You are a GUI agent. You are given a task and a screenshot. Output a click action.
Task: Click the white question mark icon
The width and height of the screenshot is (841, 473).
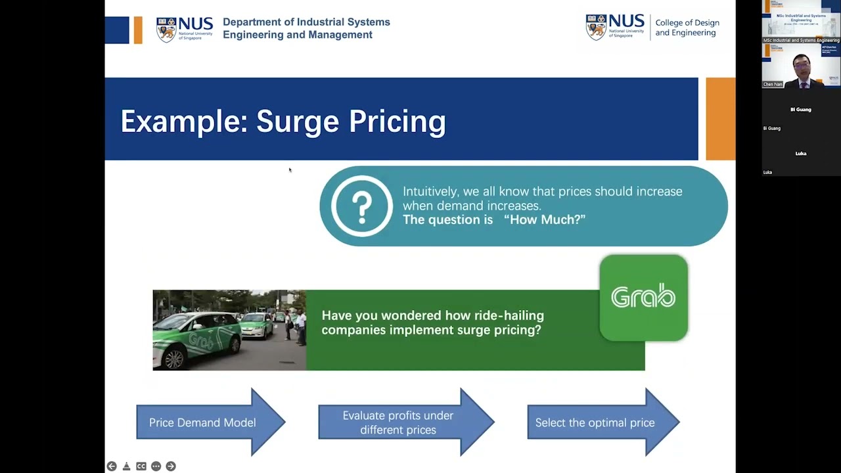pos(362,206)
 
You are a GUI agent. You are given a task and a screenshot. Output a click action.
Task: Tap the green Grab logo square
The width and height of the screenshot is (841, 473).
pos(643,298)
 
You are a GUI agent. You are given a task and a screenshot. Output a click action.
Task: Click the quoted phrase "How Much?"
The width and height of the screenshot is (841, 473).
pos(545,219)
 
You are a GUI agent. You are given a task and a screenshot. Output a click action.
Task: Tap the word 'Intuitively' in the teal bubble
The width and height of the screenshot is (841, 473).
pos(430,191)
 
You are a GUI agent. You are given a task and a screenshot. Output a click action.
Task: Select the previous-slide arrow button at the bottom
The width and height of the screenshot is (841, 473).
pos(112,466)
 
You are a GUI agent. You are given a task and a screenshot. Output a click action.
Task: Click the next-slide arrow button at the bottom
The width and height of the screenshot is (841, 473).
pos(171,466)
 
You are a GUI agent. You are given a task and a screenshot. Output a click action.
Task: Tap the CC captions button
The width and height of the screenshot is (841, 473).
pos(141,466)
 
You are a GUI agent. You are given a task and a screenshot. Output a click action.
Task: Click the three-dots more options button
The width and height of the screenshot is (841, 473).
pos(156,466)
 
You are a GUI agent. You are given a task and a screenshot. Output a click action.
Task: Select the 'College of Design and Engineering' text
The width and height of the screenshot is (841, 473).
pos(687,28)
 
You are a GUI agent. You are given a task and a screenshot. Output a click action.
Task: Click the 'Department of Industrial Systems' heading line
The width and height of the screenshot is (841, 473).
pos(306,22)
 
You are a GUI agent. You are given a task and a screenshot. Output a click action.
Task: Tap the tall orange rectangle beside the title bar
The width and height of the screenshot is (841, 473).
pos(720,119)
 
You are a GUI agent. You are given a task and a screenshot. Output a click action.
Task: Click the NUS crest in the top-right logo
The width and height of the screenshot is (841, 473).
pos(595,28)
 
